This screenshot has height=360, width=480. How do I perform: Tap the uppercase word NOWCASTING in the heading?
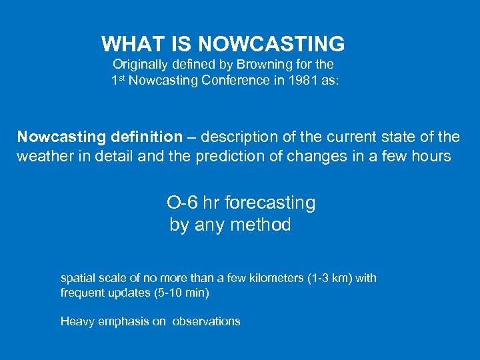pos(271,44)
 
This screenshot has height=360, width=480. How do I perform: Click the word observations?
pos(206,321)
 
